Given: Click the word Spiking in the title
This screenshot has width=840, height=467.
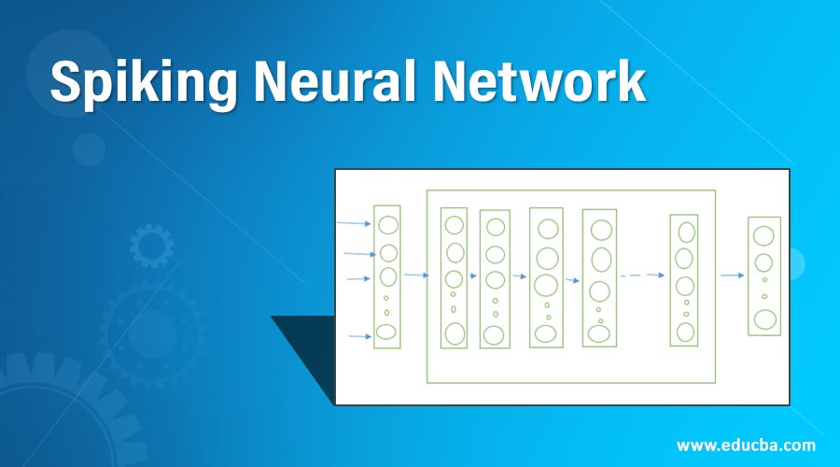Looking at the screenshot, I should pos(128,84).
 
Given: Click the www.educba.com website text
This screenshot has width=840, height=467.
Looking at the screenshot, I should pos(746,445).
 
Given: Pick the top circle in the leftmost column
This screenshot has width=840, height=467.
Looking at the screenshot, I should pos(387,225).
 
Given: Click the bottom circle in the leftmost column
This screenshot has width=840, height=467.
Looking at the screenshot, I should pos(386,332).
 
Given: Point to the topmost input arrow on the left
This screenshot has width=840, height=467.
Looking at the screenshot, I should pos(354,224).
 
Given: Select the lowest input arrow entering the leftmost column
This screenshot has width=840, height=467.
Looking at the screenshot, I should pos(360,336).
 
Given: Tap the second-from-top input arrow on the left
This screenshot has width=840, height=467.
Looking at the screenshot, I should pos(359,254).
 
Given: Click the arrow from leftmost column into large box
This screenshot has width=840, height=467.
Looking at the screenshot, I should pos(415,276).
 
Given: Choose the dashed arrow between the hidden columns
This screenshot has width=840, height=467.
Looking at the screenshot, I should pos(642,276).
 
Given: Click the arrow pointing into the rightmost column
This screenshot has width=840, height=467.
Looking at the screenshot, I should pos(732,276).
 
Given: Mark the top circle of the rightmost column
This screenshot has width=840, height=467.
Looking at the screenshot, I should pos(763,235).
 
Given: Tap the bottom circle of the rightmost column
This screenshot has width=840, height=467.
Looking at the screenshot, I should pos(765,319).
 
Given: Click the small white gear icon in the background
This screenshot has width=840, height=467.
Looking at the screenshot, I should pos(151,246).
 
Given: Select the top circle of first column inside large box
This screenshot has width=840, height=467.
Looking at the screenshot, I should pos(454,225).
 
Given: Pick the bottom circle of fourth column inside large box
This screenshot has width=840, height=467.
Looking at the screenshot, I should pos(599,333).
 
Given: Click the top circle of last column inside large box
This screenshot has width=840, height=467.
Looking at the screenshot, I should pos(687,232).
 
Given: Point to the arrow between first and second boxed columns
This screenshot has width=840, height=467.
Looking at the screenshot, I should pos(473,276).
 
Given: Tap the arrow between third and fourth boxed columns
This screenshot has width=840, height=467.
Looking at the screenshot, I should pos(572,279).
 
